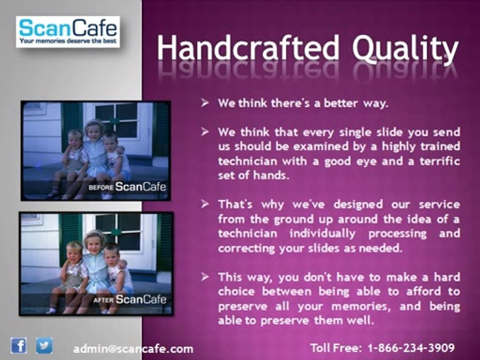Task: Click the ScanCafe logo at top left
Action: [67, 32]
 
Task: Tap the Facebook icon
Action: [18, 345]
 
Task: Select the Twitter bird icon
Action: [44, 345]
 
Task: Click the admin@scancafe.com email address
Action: [133, 349]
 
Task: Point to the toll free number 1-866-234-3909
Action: [411, 348]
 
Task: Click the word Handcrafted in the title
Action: [248, 48]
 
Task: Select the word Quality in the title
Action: [405, 49]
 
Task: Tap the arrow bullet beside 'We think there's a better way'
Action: [205, 103]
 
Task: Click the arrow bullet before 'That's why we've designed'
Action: [205, 204]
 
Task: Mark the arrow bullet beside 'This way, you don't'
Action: [205, 277]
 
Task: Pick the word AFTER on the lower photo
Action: [103, 300]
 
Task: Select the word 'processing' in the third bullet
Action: [397, 233]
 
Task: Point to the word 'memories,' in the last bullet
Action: [361, 306]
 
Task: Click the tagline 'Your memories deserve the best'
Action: [68, 41]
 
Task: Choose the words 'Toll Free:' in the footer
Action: [336, 348]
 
